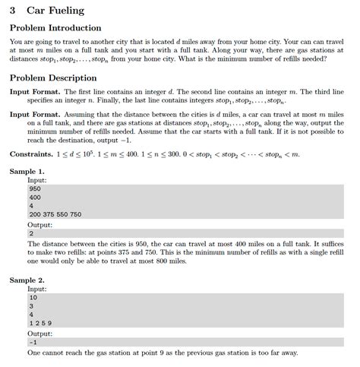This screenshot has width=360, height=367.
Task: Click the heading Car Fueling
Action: tap(55, 11)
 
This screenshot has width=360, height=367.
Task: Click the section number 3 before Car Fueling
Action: tap(14, 11)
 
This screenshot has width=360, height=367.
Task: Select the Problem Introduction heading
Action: tap(55, 28)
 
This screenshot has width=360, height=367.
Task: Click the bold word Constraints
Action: tap(30, 154)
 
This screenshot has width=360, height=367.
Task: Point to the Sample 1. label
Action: tap(27, 172)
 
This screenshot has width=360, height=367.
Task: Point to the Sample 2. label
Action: tap(27, 280)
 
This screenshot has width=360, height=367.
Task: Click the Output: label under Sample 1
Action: tap(39, 224)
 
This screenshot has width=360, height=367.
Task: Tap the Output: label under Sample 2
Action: tap(39, 333)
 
